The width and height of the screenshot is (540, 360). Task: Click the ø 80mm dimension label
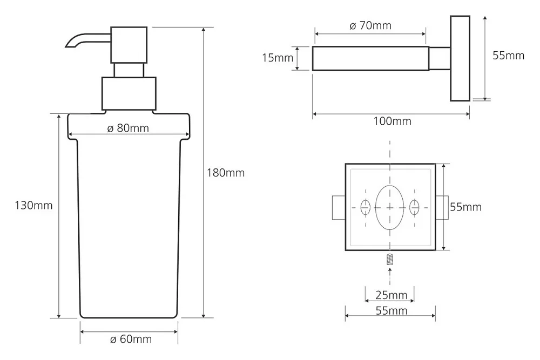(x=128, y=128)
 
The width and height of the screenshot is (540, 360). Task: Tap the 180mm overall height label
(x=226, y=172)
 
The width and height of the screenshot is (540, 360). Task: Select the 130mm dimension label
(x=33, y=206)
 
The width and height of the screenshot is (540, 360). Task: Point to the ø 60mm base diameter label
(x=131, y=339)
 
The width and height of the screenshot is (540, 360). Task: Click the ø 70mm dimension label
(x=370, y=25)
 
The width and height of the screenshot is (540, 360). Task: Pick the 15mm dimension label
(x=278, y=58)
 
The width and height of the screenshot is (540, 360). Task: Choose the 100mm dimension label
(x=392, y=121)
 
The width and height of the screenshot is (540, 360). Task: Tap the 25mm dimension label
(x=391, y=295)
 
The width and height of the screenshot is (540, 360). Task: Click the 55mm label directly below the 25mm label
(x=391, y=310)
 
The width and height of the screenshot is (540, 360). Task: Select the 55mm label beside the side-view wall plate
(x=508, y=56)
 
